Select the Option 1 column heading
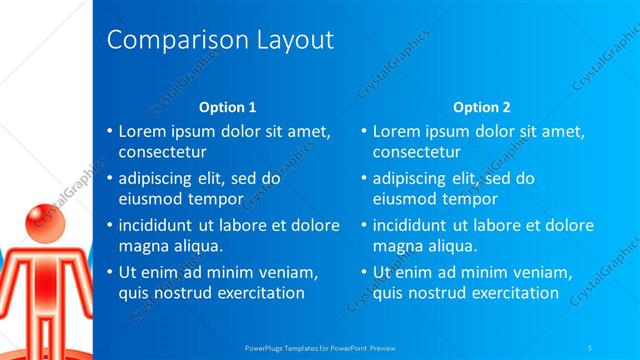point(227,106)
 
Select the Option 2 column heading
point(481,106)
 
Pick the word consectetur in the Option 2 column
point(417,153)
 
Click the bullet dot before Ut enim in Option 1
point(109,272)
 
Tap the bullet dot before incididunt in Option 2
point(363,225)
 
